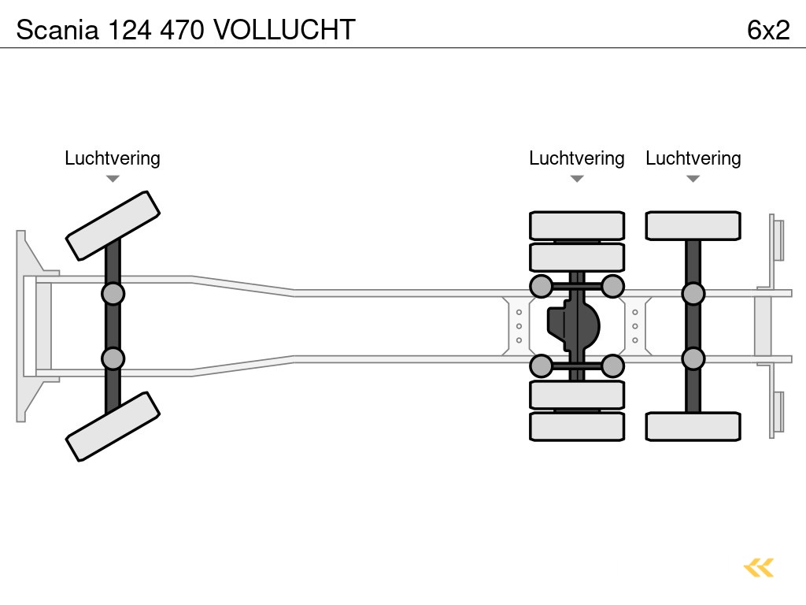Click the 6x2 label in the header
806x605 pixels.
point(767,29)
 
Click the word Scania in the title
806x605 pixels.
point(57,29)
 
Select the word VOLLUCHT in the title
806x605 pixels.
point(284,29)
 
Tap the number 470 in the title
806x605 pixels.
point(183,29)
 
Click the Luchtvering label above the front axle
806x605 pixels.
point(113,158)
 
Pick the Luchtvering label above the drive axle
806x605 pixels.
point(576,158)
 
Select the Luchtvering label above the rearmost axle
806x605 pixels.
point(693,158)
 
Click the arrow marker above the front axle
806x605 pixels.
point(113,179)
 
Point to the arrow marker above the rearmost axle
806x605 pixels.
point(693,179)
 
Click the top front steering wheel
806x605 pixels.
point(113,225)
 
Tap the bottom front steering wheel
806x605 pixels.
point(113,426)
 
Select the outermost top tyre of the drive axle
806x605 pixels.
point(577,225)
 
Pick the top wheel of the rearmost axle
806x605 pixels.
point(693,225)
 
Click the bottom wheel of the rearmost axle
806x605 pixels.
point(693,426)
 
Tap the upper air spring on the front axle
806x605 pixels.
point(113,294)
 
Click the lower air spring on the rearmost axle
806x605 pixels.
point(693,358)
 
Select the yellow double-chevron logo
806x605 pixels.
point(759,567)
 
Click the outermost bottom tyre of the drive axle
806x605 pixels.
point(577,426)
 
